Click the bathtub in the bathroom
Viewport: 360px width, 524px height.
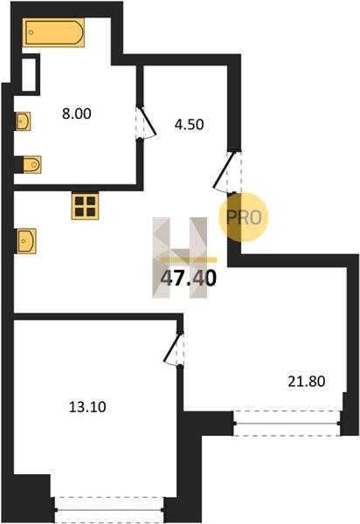(x=53, y=32)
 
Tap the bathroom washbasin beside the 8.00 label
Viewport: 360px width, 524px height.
(x=23, y=121)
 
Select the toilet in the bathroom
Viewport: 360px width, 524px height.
(x=31, y=164)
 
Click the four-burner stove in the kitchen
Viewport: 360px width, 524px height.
(x=85, y=206)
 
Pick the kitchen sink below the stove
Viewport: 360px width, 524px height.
(x=26, y=241)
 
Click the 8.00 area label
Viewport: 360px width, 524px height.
(x=77, y=114)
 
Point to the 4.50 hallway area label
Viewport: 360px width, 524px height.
(x=189, y=125)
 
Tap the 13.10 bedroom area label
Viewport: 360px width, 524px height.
(x=87, y=407)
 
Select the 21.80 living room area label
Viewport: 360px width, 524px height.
(x=307, y=382)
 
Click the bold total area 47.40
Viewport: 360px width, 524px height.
(x=189, y=279)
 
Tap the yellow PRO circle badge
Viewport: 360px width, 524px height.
(x=244, y=217)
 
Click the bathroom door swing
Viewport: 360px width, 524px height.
(x=147, y=122)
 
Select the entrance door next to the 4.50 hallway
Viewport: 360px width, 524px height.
(x=227, y=172)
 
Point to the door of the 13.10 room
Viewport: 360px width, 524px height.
(x=174, y=348)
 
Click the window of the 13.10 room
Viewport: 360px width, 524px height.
(x=109, y=510)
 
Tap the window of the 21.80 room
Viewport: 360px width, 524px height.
(x=287, y=424)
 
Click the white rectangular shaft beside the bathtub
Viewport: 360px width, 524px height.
(x=29, y=74)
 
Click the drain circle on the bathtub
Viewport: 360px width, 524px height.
(x=31, y=32)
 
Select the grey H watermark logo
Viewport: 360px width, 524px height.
(x=179, y=258)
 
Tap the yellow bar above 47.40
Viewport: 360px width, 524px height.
(x=189, y=260)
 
